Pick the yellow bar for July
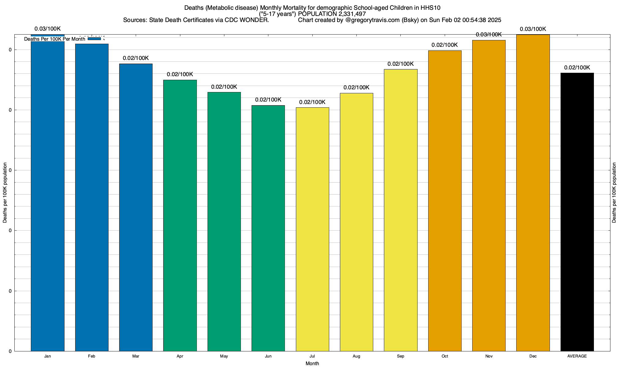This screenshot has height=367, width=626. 312,229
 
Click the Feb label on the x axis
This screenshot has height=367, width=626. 91,356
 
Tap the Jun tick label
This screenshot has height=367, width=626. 268,356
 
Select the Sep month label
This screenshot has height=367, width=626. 400,356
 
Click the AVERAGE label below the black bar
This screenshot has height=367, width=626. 577,356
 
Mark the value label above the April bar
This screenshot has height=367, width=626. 180,74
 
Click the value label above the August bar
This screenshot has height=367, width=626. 356,87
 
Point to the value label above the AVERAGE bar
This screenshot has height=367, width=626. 577,68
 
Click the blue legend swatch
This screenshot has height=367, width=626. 94,39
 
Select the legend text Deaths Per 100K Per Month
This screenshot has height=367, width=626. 54,39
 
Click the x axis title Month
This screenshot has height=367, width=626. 312,363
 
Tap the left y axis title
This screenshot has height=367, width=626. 5,193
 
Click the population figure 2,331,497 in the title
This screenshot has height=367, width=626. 352,14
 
